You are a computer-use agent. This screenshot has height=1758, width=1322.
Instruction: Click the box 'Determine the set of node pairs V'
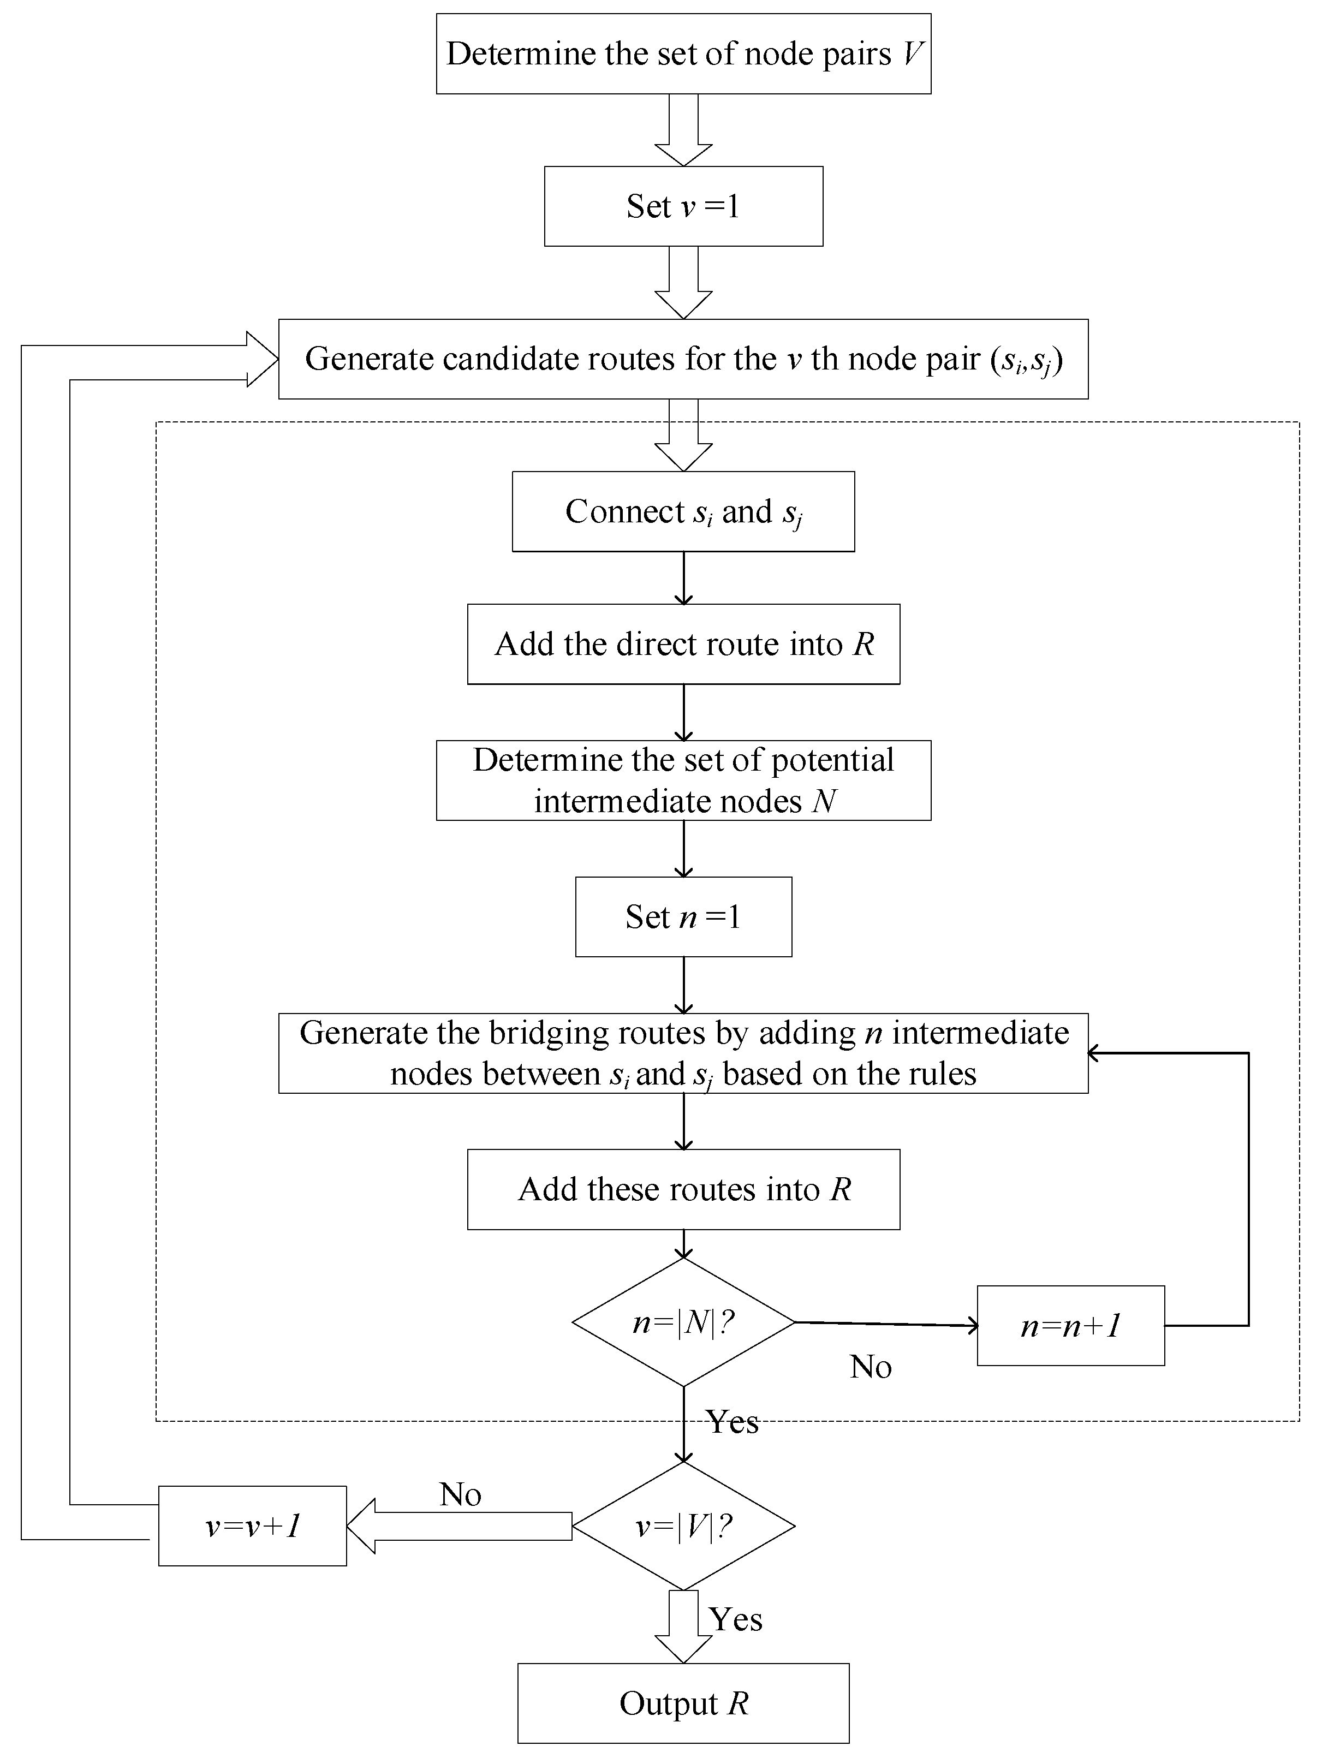pos(683,54)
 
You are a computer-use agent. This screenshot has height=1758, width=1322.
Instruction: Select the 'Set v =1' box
pos(683,207)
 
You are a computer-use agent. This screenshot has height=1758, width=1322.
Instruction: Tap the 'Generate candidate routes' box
pos(683,359)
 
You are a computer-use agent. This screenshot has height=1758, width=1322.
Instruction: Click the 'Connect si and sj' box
pos(683,512)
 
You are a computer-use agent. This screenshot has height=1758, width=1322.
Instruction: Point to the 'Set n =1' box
pos(683,917)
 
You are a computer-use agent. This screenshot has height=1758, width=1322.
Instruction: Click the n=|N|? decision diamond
pos(683,1322)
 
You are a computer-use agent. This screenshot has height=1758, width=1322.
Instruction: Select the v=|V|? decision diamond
pos(683,1526)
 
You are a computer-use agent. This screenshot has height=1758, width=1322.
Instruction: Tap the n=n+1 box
pos(1070,1326)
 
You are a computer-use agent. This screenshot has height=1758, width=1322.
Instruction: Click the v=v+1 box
pos(252,1526)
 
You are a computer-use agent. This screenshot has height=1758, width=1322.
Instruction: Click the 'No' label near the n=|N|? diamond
pos(871,1367)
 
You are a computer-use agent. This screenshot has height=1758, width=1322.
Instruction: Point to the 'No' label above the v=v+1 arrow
pos(460,1495)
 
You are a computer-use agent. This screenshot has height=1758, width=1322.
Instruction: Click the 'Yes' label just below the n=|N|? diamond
pos(732,1422)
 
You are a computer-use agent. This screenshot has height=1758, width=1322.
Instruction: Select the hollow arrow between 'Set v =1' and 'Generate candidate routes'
pos(683,283)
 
